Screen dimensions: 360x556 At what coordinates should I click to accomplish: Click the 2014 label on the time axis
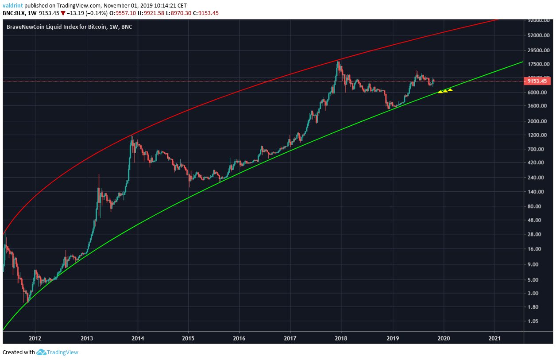point(138,339)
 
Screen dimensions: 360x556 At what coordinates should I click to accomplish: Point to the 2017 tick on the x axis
point(290,339)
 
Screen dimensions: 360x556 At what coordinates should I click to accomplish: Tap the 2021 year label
point(494,339)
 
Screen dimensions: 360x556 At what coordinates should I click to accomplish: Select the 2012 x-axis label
point(35,339)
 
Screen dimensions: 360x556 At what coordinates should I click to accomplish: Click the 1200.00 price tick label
point(537,135)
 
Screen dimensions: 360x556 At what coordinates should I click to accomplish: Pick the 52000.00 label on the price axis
point(538,35)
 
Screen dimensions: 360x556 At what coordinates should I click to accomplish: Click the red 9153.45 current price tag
point(537,81)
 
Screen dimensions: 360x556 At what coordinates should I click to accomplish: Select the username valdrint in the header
point(12,5)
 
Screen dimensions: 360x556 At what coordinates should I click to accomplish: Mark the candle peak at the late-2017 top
point(338,61)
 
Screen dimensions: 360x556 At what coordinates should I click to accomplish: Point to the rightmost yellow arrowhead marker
point(450,90)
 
